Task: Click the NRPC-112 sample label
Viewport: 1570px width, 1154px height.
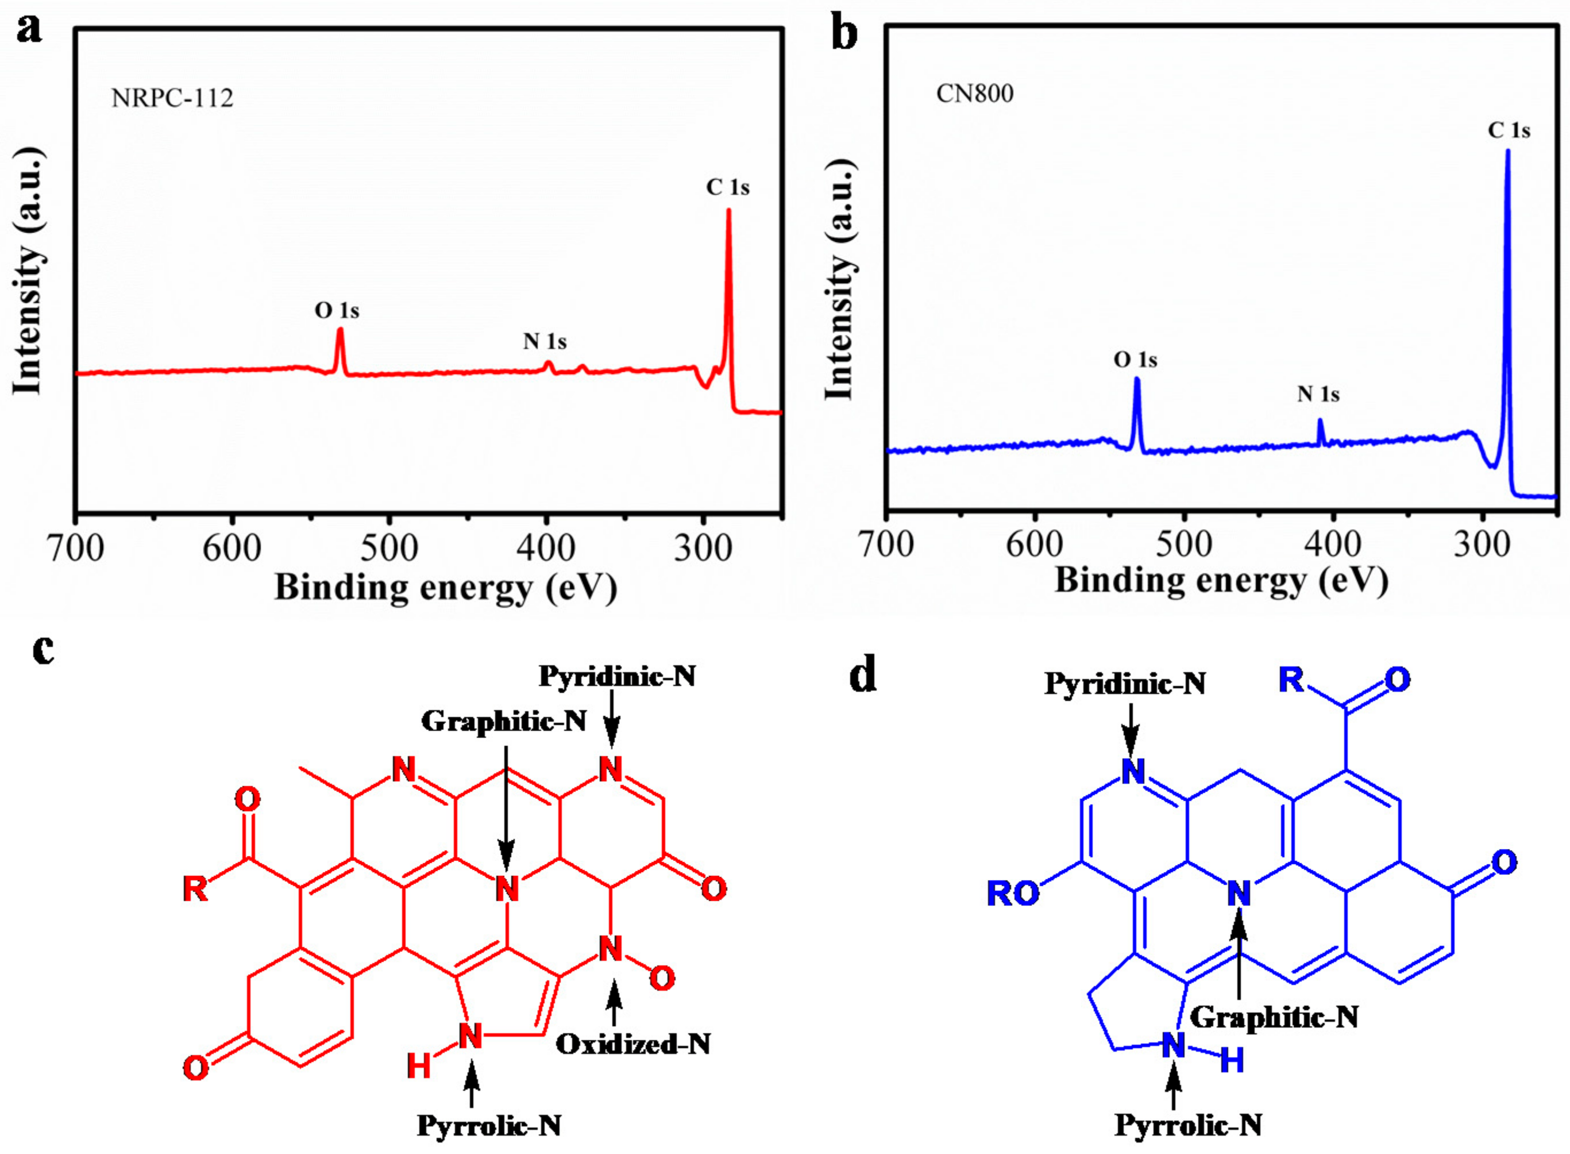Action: click(172, 98)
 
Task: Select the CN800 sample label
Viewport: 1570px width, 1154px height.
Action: click(974, 94)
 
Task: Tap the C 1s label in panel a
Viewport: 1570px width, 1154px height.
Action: click(728, 187)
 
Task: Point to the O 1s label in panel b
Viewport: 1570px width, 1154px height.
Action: click(1135, 360)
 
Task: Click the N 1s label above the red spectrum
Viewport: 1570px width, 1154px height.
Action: click(545, 342)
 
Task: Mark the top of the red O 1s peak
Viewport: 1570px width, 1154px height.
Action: click(340, 330)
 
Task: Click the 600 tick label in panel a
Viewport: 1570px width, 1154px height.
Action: click(232, 549)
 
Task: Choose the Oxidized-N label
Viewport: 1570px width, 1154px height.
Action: click(632, 1044)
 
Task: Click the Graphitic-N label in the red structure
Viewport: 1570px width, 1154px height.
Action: click(504, 721)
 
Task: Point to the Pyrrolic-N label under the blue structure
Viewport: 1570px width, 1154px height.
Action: click(1188, 1125)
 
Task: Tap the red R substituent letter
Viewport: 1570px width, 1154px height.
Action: click(195, 889)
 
